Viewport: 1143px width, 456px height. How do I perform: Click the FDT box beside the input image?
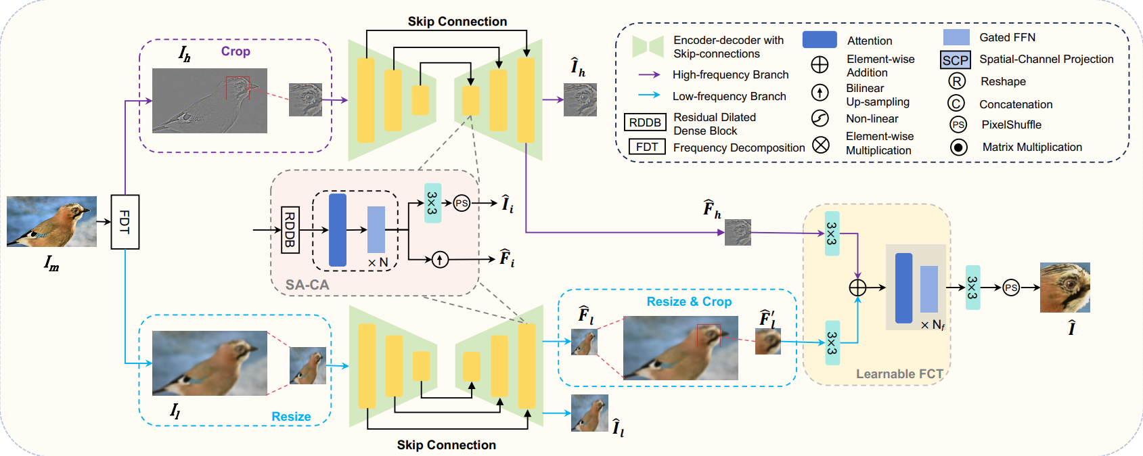pos(125,221)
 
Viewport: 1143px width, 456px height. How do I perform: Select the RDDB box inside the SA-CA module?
pos(290,230)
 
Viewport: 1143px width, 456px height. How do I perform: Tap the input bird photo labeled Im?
pos(51,221)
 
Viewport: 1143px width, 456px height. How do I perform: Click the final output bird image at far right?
pos(1064,288)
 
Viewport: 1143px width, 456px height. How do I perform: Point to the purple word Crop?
pos(236,51)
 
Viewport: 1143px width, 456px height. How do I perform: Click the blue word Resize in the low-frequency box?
pos(291,417)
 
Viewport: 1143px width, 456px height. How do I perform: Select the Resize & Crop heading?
pos(689,302)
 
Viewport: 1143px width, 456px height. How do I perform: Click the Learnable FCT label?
pos(899,374)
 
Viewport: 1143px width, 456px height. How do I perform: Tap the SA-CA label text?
pos(307,285)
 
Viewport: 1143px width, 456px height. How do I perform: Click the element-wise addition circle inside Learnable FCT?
pos(857,288)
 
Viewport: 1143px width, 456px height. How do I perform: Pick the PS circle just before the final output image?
pos(1011,288)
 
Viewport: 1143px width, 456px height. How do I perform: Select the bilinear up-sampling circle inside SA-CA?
pos(440,259)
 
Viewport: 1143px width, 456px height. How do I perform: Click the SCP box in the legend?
pos(956,60)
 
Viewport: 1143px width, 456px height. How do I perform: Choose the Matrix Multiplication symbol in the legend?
pos(958,147)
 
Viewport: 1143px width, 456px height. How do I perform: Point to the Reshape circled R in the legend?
pos(956,81)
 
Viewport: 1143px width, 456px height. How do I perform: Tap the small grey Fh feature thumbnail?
pos(738,232)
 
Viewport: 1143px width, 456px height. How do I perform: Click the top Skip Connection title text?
pos(457,22)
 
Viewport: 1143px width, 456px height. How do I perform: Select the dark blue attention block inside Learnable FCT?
pos(903,288)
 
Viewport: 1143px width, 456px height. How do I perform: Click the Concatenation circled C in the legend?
pos(956,104)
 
